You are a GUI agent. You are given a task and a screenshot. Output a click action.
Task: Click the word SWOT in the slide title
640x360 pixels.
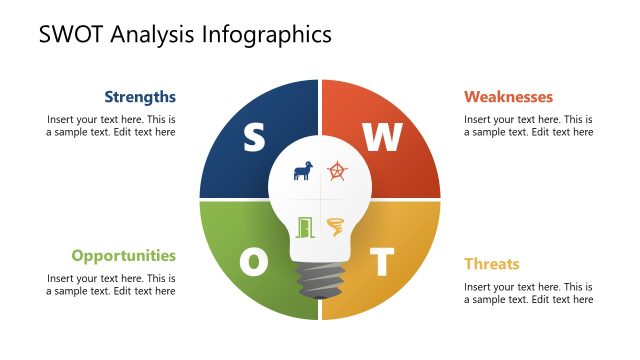(73, 35)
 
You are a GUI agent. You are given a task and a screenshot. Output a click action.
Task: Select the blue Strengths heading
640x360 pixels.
(140, 97)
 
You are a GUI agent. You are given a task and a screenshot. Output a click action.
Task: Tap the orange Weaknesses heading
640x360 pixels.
(508, 97)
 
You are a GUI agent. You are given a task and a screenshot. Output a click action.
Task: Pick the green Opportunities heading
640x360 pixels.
(123, 255)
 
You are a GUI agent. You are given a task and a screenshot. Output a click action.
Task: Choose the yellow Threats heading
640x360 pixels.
(491, 264)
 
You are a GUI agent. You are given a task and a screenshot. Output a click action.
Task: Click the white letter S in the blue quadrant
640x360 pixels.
(254, 138)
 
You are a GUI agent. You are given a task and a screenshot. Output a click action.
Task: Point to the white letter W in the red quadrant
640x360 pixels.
(381, 138)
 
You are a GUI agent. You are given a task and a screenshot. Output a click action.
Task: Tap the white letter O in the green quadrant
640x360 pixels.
(254, 263)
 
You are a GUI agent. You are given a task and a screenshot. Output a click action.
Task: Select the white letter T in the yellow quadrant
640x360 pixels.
(381, 263)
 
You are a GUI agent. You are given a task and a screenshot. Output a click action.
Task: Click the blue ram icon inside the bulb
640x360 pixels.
(302, 171)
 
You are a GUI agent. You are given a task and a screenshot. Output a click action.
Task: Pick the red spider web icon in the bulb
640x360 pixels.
(337, 171)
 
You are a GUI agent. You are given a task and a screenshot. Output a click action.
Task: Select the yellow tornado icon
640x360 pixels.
(336, 227)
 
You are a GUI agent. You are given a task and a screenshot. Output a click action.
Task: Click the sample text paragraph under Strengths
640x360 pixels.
(111, 125)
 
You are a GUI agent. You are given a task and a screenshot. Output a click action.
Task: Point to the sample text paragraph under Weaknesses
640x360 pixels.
(528, 125)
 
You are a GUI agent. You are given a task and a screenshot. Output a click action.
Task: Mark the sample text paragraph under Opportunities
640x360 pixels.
(111, 284)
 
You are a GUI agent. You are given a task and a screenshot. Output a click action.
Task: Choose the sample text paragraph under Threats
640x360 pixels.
(528, 293)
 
